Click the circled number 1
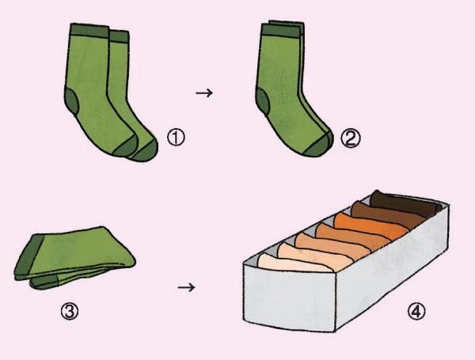click(x=176, y=138)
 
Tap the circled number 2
click(x=351, y=138)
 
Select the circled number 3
click(x=70, y=311)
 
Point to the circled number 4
click(x=416, y=311)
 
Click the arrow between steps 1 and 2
click(x=204, y=93)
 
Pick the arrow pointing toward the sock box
click(x=186, y=287)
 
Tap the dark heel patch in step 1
click(x=71, y=102)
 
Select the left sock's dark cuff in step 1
click(x=89, y=31)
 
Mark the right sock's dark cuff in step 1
click(x=119, y=36)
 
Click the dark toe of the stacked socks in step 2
click(x=317, y=146)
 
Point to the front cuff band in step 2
click(x=282, y=31)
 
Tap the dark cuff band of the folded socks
click(x=28, y=256)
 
